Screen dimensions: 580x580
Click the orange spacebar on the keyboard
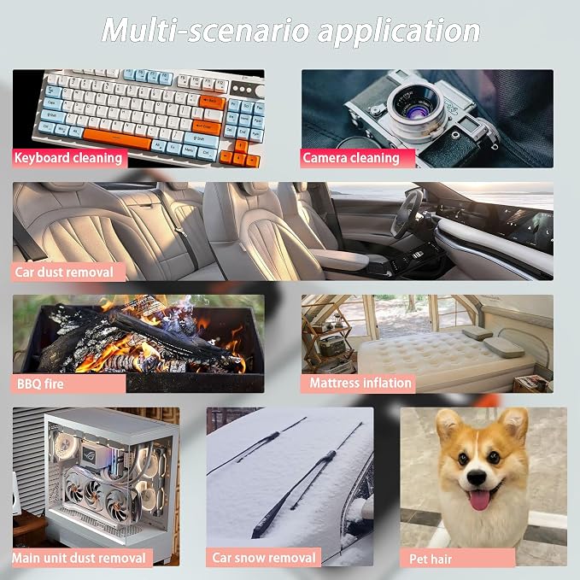[x=118, y=138]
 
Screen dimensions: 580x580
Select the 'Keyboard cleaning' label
[x=68, y=158]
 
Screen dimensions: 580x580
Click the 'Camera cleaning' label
[x=351, y=158]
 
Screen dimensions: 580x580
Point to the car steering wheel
[x=406, y=214]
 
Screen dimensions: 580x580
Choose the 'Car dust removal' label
[x=64, y=272]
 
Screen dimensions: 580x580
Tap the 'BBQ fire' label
[x=40, y=384]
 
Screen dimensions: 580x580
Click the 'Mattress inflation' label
[x=360, y=383]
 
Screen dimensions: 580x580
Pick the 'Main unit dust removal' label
[x=79, y=558]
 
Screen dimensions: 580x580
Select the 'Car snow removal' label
[x=264, y=558]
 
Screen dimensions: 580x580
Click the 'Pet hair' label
[x=431, y=559]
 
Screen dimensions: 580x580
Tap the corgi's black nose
[x=477, y=477]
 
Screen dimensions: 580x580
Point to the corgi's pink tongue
[x=479, y=500]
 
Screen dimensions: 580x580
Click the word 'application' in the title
[x=399, y=32]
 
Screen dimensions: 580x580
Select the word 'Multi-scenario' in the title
[x=205, y=30]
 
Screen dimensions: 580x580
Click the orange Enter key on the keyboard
[x=207, y=127]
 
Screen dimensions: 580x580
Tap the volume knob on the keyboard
[x=261, y=91]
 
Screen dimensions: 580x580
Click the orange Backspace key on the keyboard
[x=212, y=102]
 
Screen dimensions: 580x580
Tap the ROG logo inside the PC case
[x=89, y=453]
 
